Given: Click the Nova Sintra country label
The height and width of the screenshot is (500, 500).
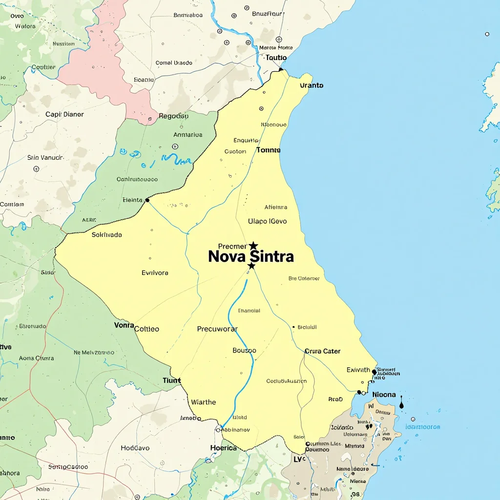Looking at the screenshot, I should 250,256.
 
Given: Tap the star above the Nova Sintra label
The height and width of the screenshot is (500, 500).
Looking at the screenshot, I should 253,246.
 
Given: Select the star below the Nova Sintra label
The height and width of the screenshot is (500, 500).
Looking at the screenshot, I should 251,266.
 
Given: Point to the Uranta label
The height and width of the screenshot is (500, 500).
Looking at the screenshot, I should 312,85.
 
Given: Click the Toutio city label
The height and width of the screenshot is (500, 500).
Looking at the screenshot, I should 276,58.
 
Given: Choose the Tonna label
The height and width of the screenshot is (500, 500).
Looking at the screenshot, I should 268,150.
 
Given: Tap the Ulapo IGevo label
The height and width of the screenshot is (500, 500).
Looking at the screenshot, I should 267,221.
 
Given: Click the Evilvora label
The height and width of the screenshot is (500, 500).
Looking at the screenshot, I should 155,272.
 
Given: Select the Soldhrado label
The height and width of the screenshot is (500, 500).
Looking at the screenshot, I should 107,235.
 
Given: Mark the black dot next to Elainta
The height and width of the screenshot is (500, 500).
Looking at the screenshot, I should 147,200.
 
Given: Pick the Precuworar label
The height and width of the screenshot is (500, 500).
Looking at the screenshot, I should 217,329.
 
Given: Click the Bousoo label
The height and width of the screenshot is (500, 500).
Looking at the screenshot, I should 244,350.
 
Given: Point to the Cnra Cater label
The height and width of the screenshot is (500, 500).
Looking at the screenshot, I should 322,351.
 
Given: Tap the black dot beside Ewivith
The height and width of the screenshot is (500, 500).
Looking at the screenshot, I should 375,372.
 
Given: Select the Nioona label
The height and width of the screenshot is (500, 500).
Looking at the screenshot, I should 384,395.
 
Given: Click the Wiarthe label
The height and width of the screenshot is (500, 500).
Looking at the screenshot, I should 203,402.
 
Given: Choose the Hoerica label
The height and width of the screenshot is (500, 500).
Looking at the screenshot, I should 223,448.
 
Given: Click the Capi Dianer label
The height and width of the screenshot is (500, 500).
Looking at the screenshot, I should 64,114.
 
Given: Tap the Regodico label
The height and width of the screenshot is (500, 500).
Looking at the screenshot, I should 173,116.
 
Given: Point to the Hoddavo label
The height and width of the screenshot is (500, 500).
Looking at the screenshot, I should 135,448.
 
